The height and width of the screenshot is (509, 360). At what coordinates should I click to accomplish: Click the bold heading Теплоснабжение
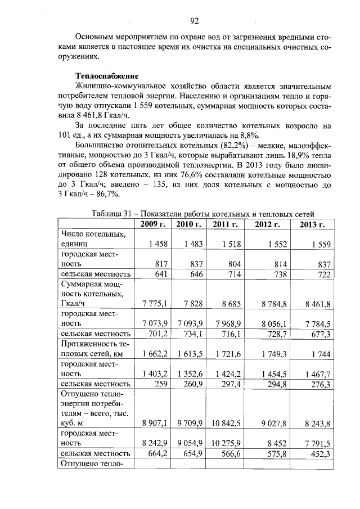(107, 75)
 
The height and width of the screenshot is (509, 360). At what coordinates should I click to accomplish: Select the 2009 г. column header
(153, 224)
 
